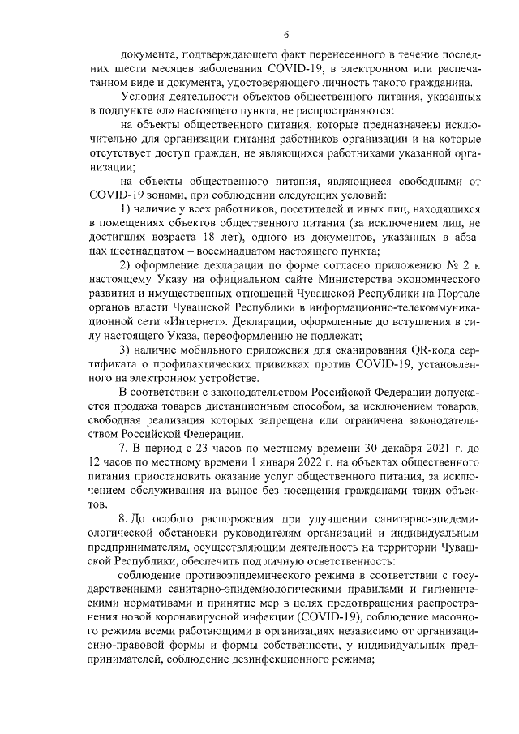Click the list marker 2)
point(126,264)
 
